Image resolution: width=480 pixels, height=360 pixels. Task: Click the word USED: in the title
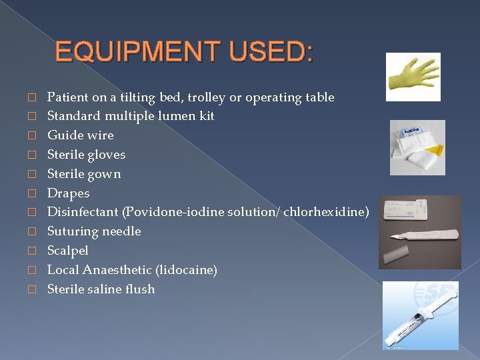(274, 52)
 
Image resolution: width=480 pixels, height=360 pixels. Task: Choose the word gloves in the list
(106, 155)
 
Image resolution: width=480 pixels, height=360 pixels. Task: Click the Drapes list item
(68, 193)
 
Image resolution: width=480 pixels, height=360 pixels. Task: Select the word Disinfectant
(83, 212)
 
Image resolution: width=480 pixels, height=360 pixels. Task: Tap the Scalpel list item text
(67, 251)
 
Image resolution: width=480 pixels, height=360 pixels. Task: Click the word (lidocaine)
(186, 270)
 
